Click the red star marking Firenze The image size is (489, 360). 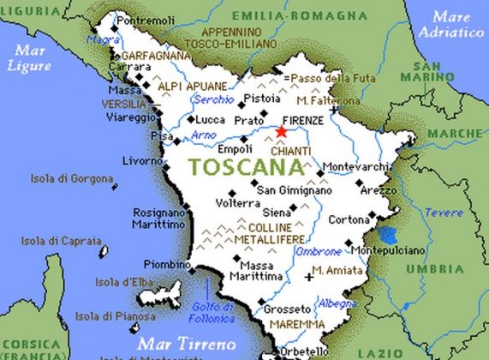coord(282,132)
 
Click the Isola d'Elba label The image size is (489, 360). coord(122,281)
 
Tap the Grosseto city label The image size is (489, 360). coord(287,308)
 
